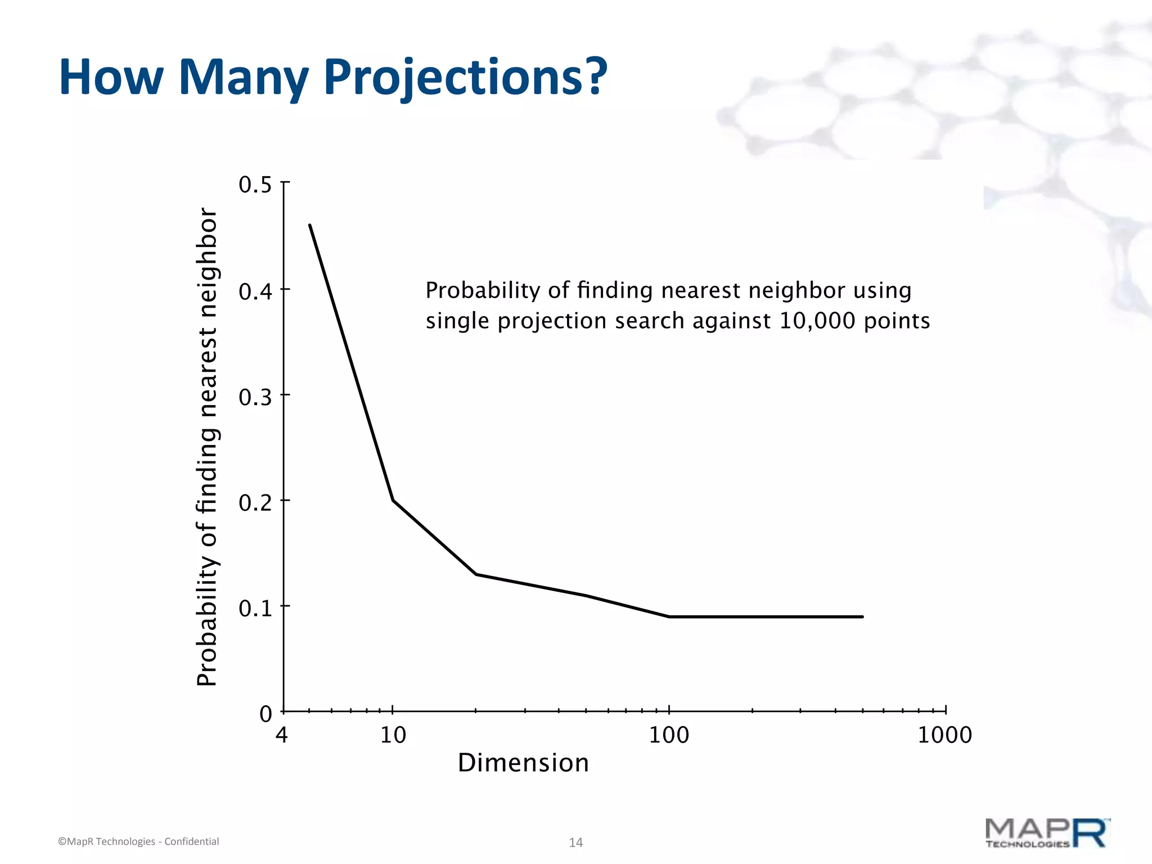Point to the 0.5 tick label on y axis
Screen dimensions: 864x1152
pos(255,185)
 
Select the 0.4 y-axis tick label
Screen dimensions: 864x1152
pos(255,292)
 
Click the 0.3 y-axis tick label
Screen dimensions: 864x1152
pos(255,398)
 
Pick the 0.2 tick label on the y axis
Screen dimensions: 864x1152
pos(255,503)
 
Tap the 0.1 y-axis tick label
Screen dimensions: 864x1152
pos(255,609)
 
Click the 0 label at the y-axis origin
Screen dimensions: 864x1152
pos(265,714)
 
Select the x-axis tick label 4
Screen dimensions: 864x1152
pos(282,735)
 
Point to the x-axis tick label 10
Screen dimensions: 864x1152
pos(393,735)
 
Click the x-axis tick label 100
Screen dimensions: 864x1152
pos(669,735)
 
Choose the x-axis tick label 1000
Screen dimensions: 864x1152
pos(944,735)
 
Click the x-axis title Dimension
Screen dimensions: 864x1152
pos(523,763)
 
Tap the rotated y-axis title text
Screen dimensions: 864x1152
pos(207,447)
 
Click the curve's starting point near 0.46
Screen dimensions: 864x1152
pos(310,226)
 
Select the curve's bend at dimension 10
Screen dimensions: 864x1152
pos(393,500)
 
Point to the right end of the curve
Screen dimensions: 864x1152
pos(862,617)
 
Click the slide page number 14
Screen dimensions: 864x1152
pos(575,842)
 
